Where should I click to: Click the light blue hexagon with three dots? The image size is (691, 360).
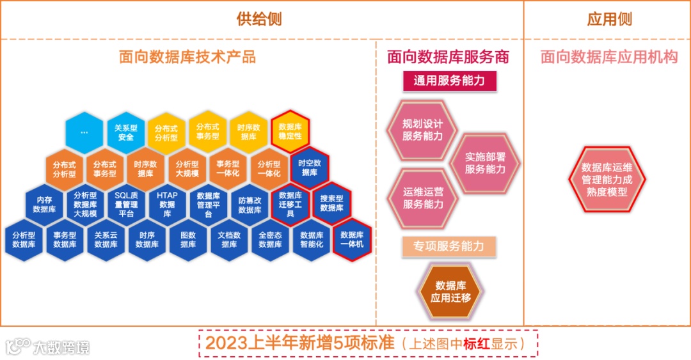coord(84,132)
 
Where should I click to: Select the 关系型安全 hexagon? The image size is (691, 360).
coord(126,132)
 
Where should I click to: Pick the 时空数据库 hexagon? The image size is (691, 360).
coord(310,168)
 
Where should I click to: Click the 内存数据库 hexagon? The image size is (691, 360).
coord(45,205)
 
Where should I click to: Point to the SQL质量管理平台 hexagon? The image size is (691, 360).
coord(126,205)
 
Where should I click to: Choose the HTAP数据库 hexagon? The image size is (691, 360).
coord(167,205)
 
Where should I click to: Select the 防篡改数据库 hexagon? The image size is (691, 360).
coord(250,205)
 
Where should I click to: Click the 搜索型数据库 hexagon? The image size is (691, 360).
coord(331,205)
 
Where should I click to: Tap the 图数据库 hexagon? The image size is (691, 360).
coord(187,240)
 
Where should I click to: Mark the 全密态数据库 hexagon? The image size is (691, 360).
coord(270,240)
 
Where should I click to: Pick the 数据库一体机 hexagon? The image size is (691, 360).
coord(352,240)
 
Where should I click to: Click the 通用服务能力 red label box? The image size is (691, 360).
coord(450,81)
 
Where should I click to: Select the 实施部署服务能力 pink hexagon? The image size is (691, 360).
coord(485,164)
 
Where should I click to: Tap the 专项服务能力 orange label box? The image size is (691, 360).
coord(449,246)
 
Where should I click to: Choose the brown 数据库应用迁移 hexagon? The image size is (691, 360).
coord(450,292)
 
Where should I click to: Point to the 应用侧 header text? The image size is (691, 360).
coord(609,19)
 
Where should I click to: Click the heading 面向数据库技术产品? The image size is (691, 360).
coord(187,57)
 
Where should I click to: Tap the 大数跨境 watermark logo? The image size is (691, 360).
coord(48,347)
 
